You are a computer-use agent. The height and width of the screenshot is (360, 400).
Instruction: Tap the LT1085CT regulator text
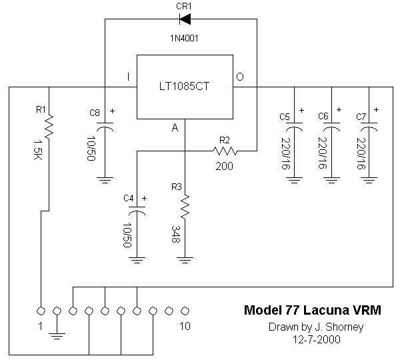coord(184,87)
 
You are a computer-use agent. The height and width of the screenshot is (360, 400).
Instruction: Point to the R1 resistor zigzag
coord(49,123)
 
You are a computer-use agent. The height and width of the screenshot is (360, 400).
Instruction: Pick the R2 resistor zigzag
coord(224,151)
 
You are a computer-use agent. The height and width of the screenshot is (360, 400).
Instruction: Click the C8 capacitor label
coord(95,113)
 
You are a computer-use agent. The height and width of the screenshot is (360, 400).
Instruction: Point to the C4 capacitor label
coord(129,198)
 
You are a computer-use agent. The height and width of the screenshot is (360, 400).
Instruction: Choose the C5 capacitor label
coord(285,117)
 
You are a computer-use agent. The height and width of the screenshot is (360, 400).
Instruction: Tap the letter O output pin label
coord(240,77)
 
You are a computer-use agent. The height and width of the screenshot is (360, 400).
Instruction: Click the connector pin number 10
coord(185,326)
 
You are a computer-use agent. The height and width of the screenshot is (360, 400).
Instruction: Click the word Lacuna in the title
coord(324,310)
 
